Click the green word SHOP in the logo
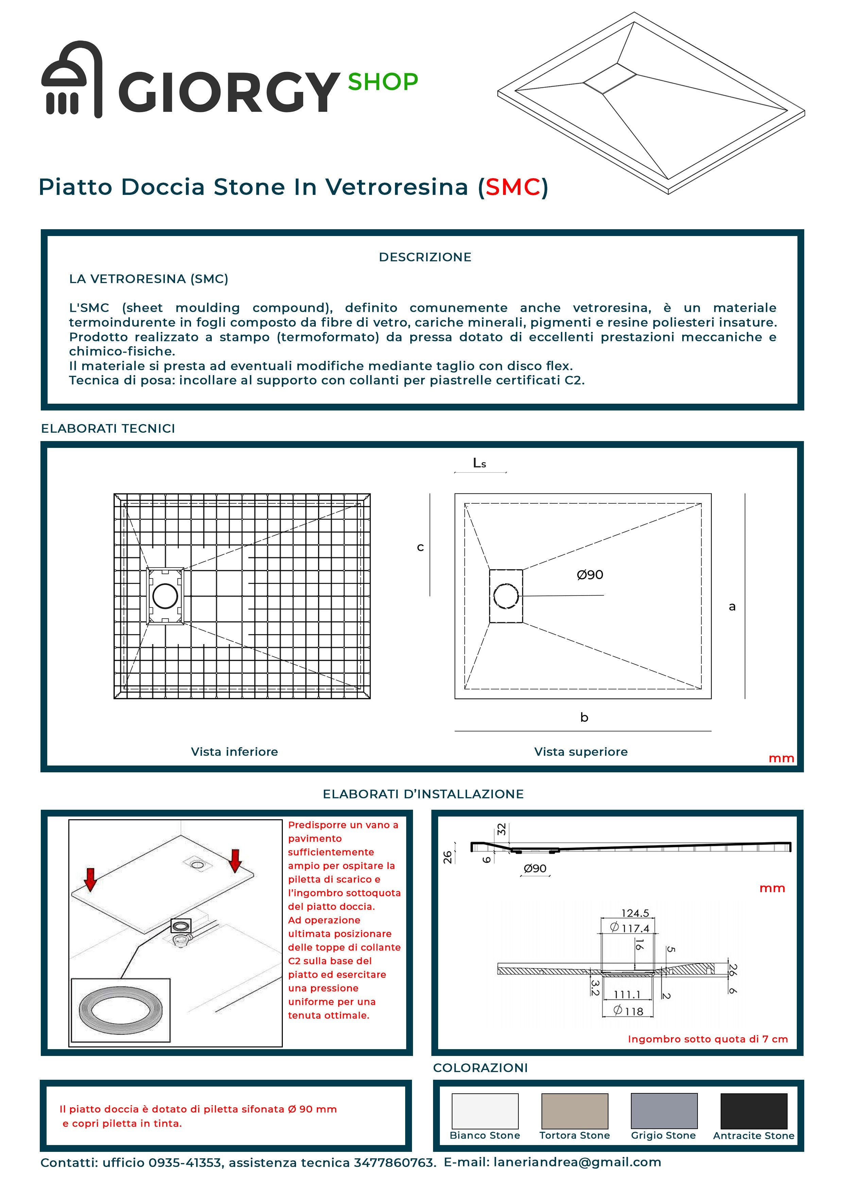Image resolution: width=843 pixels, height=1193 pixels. pyautogui.click(x=382, y=82)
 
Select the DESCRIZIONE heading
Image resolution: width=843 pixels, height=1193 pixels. pyautogui.click(x=425, y=257)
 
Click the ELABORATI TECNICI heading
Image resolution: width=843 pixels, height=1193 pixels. pyautogui.click(x=108, y=429)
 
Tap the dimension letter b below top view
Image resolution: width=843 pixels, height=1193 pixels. pyautogui.click(x=584, y=718)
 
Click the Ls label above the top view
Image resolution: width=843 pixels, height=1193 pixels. pyautogui.click(x=479, y=463)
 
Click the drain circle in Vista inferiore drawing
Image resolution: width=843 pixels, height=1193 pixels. pyautogui.click(x=165, y=596)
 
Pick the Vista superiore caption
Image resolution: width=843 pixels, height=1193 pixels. pyautogui.click(x=581, y=752)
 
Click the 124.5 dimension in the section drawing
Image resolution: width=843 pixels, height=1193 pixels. pyautogui.click(x=635, y=913)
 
